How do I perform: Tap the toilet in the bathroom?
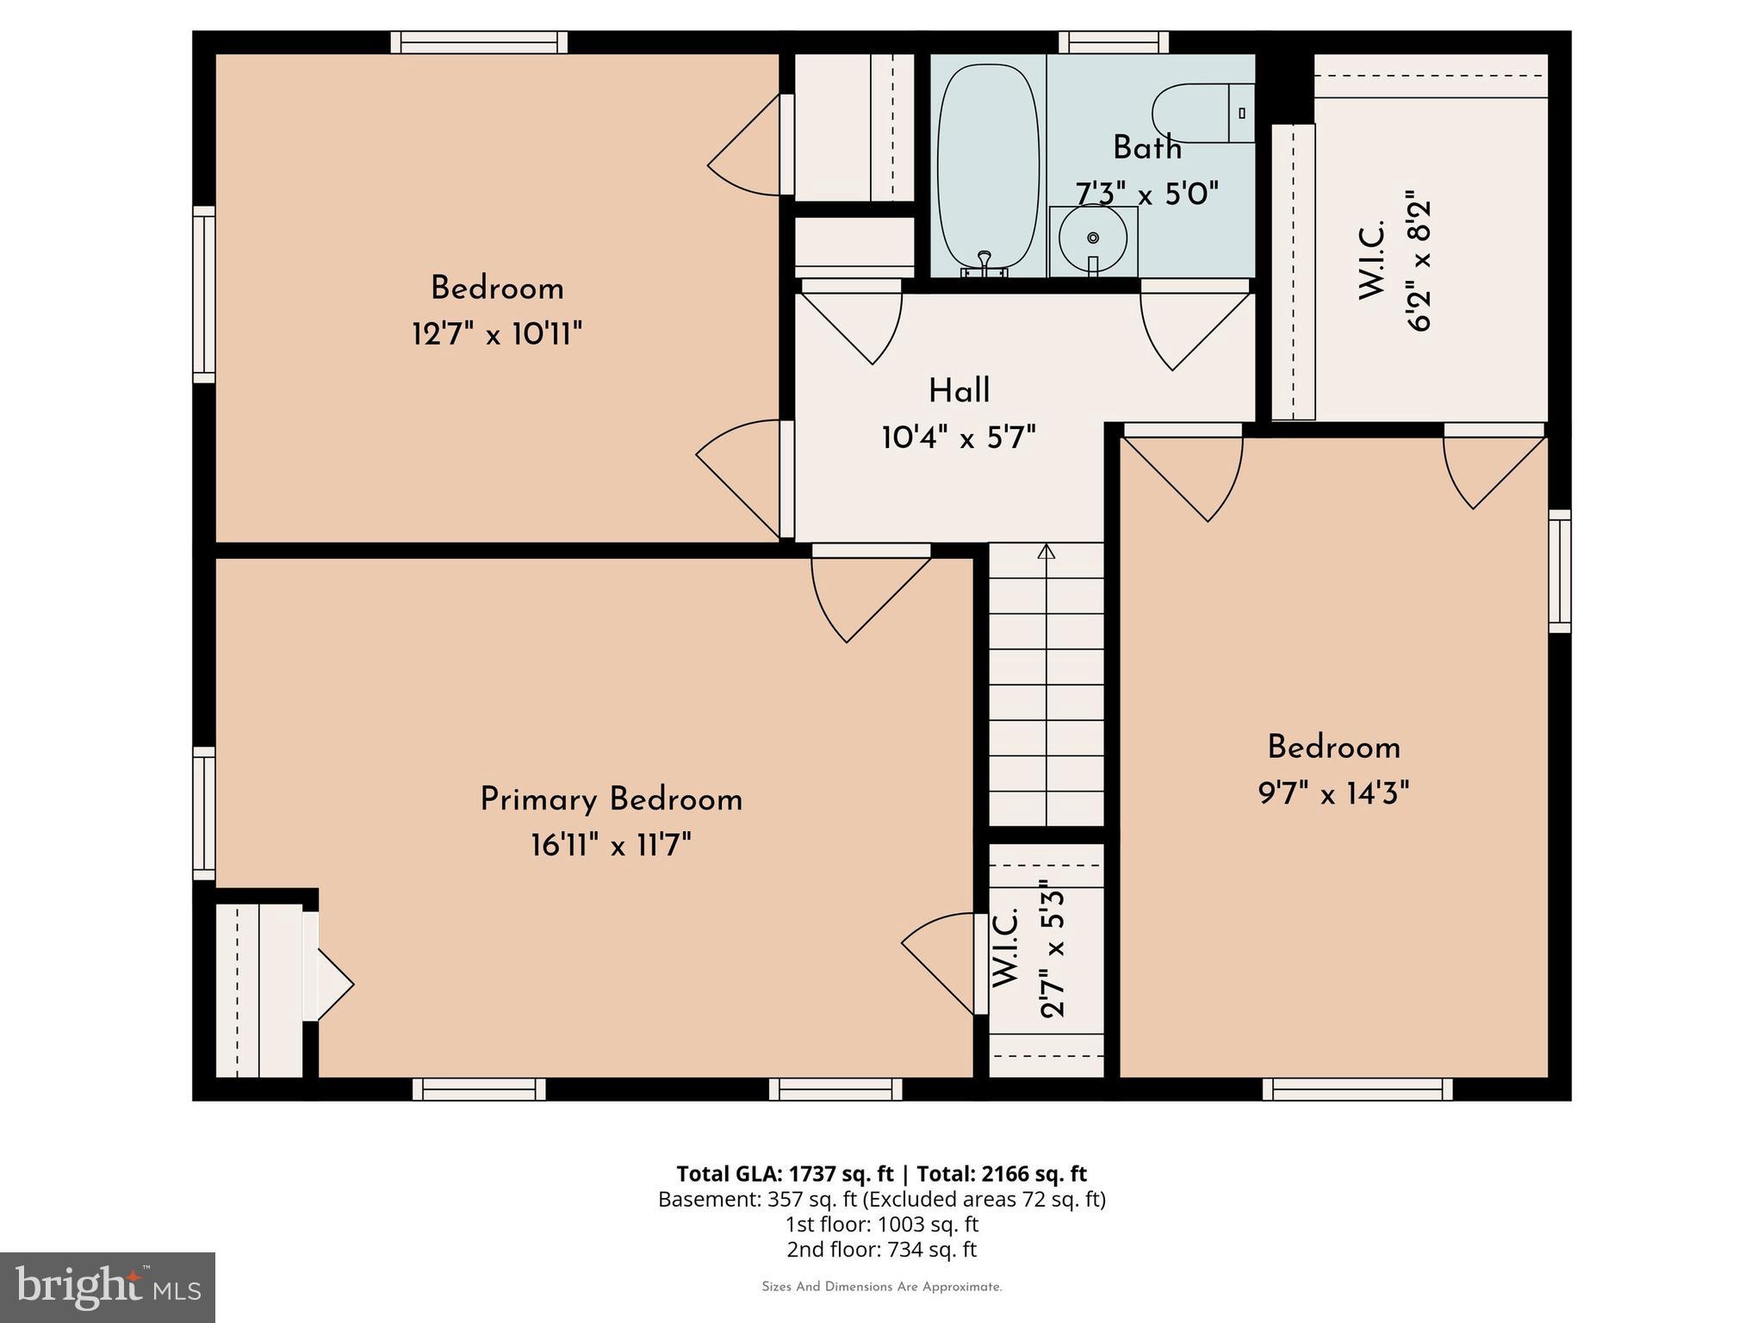coord(1202,113)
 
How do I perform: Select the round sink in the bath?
coord(1092,239)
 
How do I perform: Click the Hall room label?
coord(959,391)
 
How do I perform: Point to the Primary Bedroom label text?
coord(611,799)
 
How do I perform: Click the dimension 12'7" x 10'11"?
coord(497,333)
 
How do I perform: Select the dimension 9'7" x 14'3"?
coord(1333,792)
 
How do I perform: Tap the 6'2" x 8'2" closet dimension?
coord(1418,261)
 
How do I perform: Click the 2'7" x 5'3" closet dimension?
coord(1053,948)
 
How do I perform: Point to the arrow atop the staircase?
coord(1046,551)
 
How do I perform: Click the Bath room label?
coord(1146,148)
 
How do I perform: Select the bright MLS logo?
coord(108,1287)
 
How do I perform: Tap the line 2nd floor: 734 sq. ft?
coord(881,1249)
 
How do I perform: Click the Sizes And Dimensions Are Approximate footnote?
coord(881,1287)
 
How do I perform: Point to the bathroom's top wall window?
coord(1113,42)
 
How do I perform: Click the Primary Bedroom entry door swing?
coord(861,594)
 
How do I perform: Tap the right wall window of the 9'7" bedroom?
coord(1559,571)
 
